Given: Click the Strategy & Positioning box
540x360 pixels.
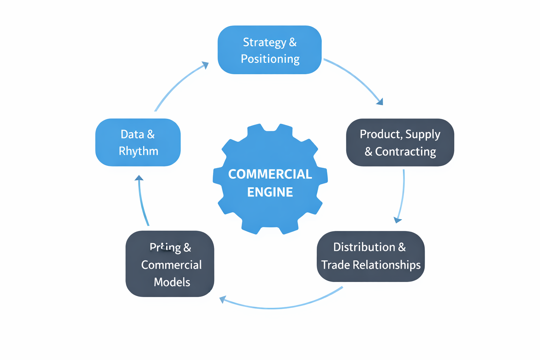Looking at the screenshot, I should pos(270,50).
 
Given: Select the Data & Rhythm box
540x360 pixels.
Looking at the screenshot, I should pos(138,142).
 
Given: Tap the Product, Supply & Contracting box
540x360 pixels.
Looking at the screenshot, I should pos(400,142).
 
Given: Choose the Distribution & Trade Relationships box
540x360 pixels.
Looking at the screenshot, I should pos(371,256).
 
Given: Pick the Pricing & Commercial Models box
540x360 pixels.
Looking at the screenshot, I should pos(170,264).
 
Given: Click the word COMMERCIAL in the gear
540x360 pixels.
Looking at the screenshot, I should pos(270,174).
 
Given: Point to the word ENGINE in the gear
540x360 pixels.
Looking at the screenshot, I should pos(270,192).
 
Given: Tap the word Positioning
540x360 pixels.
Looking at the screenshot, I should pos(270,59).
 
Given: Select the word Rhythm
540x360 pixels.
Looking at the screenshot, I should pos(139,151).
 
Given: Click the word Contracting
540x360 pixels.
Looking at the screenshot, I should pos(405,152).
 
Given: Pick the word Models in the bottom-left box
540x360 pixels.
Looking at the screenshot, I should pos(172,282).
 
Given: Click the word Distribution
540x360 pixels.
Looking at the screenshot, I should pos(364,247).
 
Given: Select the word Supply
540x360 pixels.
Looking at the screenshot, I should pos(423,134).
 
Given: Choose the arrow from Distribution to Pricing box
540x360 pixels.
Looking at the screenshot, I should pos(278,308).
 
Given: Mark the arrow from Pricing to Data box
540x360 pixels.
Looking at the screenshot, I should pos(142,200).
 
